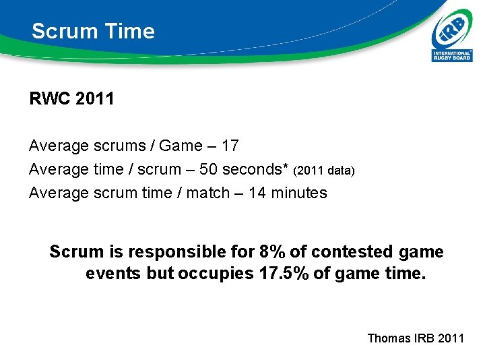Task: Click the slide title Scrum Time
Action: (93, 31)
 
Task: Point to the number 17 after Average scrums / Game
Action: (229, 146)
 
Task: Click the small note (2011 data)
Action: (323, 171)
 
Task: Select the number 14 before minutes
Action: (257, 193)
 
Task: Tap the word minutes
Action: (298, 193)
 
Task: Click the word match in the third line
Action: (208, 193)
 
